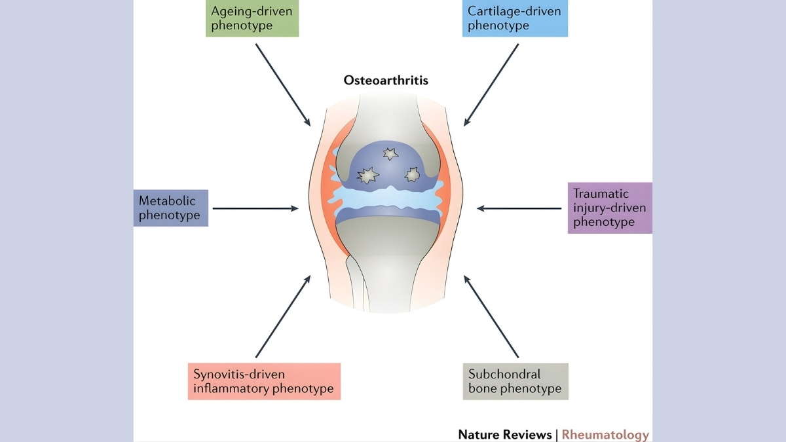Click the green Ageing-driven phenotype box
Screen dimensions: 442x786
point(252,19)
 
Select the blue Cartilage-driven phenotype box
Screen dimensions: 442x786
point(515,19)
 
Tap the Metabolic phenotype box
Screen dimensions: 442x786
point(171,208)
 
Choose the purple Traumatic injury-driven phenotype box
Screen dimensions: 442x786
point(610,208)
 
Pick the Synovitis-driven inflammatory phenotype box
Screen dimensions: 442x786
point(264,381)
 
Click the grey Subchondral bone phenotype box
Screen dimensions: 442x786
point(515,381)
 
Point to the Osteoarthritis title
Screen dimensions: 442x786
point(386,81)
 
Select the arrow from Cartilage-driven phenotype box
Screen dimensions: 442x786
point(491,85)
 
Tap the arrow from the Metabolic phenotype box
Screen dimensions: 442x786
point(255,209)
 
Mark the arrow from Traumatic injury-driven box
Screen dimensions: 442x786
point(519,208)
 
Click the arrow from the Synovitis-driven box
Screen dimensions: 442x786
point(282,317)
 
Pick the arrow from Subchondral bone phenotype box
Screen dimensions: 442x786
point(491,317)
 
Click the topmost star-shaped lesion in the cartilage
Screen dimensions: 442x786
point(390,154)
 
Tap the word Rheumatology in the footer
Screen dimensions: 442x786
point(605,434)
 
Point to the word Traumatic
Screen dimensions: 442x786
point(601,194)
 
